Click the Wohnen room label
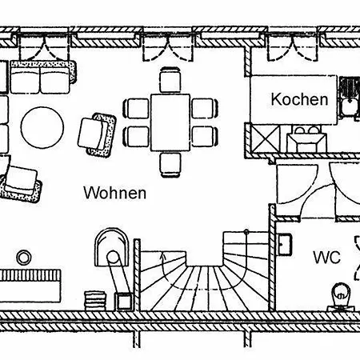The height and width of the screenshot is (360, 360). (115, 193)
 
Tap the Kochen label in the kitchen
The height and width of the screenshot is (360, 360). (299, 99)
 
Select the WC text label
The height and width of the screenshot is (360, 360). (327, 258)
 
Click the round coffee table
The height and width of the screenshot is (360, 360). (42, 127)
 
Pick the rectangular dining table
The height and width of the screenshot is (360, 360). (170, 122)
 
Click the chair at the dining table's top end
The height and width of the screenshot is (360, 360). (170, 80)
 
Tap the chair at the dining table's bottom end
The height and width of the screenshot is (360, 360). (170, 165)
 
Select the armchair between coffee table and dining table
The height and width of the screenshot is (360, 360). (97, 135)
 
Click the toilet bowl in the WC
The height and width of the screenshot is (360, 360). (341, 297)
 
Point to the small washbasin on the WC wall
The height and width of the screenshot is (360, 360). (285, 244)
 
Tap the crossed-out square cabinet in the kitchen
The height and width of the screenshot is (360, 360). (266, 139)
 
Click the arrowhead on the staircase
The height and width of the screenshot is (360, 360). (162, 257)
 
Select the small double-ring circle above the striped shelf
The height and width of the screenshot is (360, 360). (24, 258)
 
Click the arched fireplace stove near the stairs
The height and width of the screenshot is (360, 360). (112, 247)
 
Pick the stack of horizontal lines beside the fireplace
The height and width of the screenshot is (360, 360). (95, 301)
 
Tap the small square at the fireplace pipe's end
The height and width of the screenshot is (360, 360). (123, 302)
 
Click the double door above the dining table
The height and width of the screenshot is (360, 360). (167, 48)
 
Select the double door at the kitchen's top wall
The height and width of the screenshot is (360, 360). (293, 48)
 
